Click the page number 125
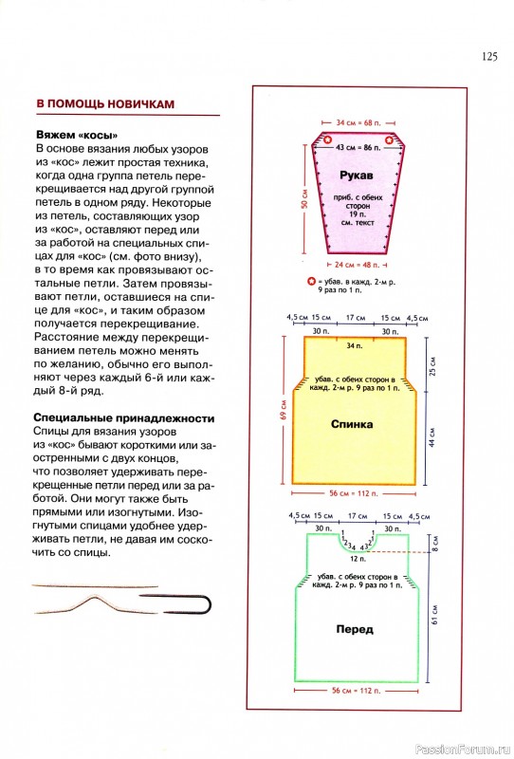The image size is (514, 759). [489, 57]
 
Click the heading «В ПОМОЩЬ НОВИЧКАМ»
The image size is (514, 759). [105, 104]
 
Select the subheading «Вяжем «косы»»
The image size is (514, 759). [77, 135]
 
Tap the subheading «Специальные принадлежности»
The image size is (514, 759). [124, 417]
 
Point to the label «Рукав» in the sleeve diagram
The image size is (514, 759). [357, 176]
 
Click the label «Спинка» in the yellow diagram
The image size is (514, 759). [352, 424]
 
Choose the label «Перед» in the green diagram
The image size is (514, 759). [355, 629]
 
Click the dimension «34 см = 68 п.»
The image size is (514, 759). [358, 123]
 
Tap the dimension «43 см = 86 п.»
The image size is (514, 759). [358, 147]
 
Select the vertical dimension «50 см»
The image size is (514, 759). [304, 199]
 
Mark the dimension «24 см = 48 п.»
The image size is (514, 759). [358, 265]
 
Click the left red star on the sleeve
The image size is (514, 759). [328, 140]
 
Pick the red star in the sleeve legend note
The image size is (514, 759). [312, 281]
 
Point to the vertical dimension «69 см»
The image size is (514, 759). [285, 410]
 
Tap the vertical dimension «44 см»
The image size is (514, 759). [432, 436]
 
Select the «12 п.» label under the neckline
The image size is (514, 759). [358, 559]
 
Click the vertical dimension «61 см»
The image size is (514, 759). [434, 614]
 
